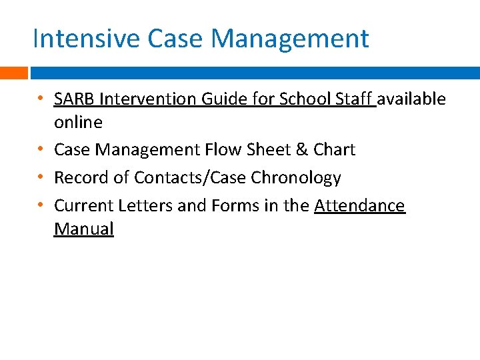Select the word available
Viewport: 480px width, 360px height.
pos(412,99)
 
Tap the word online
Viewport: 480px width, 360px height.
pos(78,123)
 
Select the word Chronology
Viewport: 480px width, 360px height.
pos(296,178)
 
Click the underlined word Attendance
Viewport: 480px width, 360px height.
pos(359,206)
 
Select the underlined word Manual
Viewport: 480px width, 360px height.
pos(84,229)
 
